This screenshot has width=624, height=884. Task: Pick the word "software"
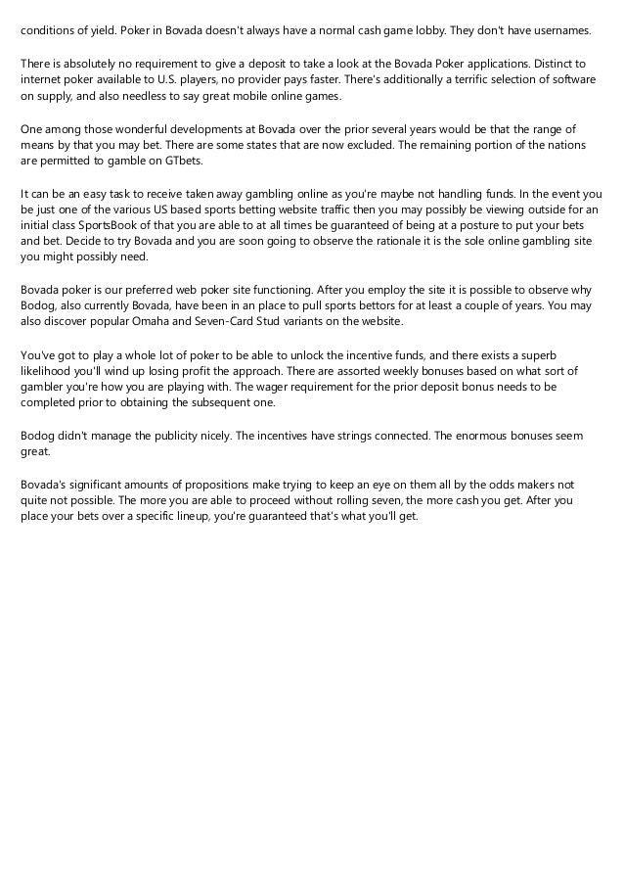(571, 81)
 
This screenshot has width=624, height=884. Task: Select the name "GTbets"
(178, 162)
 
